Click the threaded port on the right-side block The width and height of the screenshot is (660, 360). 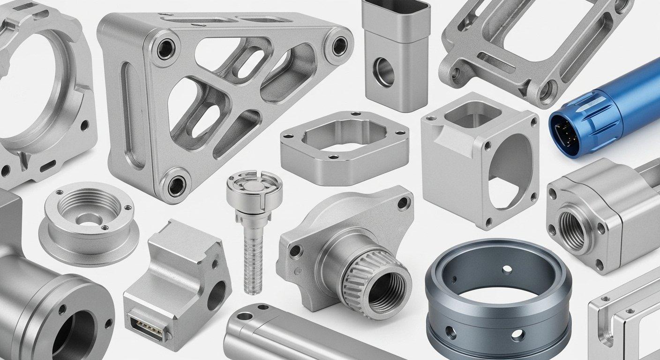pos(572,230)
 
